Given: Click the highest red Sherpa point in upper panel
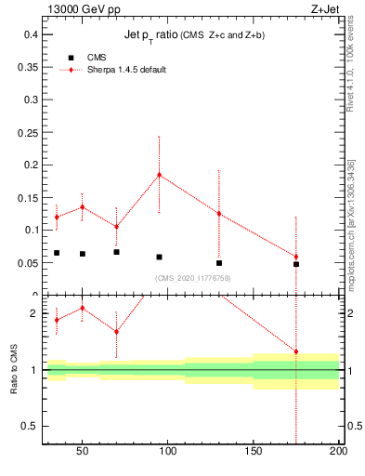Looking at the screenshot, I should click(159, 174).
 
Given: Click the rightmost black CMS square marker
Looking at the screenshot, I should click(296, 264).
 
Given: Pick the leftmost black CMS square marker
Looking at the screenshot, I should click(57, 253).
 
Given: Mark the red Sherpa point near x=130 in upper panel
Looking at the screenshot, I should click(219, 214).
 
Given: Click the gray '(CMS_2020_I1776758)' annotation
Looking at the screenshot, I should click(192, 278).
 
